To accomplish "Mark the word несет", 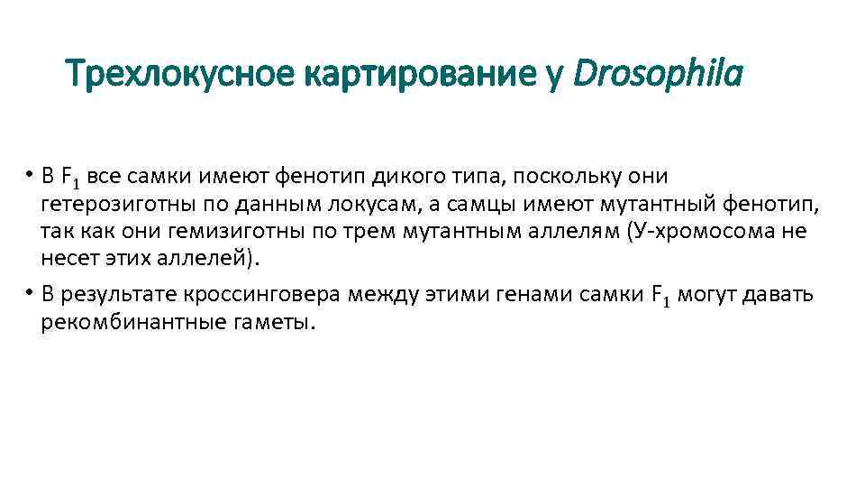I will (x=65, y=259).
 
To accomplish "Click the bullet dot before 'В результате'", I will (x=30, y=293).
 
